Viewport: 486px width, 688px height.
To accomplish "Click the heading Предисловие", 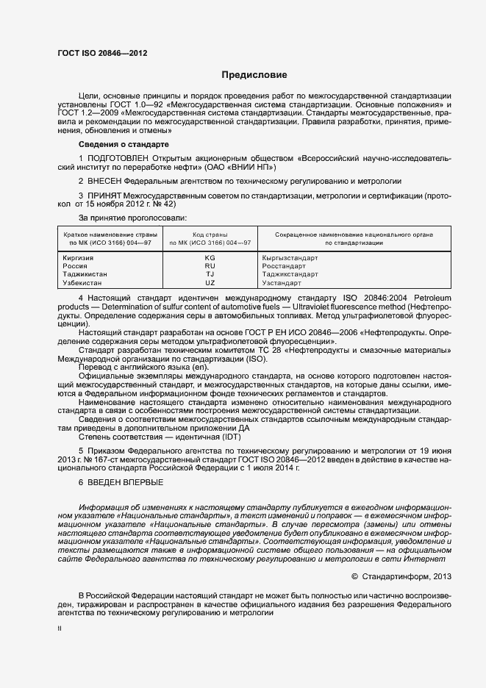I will pos(254,75).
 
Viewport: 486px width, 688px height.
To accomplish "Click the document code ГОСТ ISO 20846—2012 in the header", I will pos(96,54).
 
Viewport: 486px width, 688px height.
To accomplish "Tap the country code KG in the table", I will pos(210,258).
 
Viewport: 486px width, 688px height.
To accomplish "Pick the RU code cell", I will pos(210,266).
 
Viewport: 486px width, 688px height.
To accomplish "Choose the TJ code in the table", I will pos(210,274).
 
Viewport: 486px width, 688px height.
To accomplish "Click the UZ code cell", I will pos(210,282).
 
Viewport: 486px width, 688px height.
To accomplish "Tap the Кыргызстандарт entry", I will pos(290,258).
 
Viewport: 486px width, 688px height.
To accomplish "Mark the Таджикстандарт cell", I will pos(290,274).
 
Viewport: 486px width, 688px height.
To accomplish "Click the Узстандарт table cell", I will pos(282,282).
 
